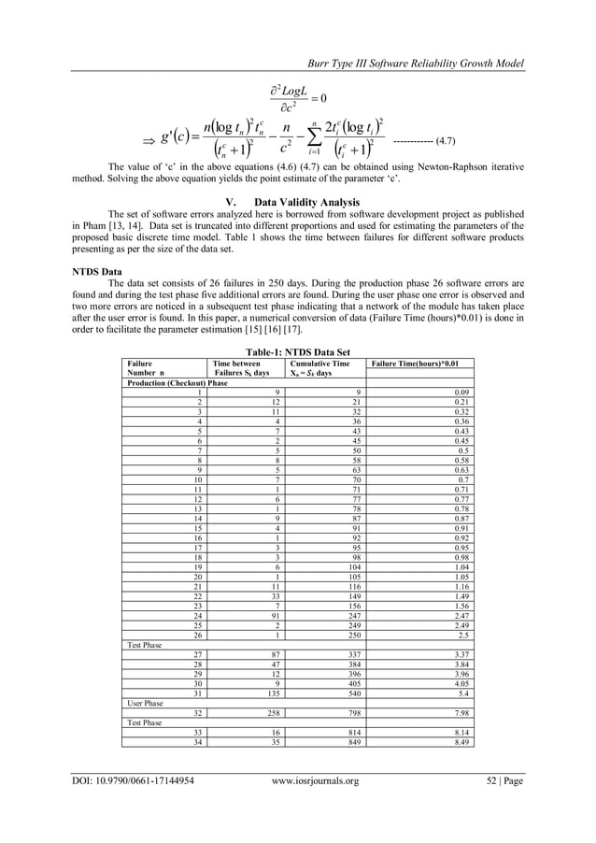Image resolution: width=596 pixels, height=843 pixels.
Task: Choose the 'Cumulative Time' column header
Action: click(x=320, y=362)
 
